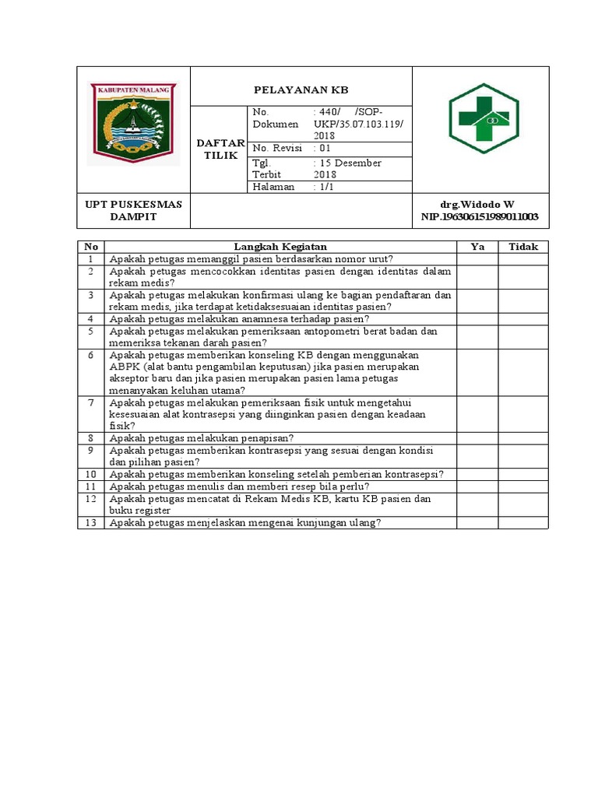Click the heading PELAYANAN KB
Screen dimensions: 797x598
pos(301,90)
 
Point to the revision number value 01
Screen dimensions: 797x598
pos(323,148)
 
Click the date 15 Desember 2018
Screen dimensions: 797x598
pos(346,169)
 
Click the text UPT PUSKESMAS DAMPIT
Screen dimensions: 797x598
pos(133,210)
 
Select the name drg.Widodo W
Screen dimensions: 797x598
pos(477,204)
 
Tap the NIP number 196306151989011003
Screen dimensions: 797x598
pos(480,216)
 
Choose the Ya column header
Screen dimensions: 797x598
pos(477,247)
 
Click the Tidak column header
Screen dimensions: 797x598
pos(523,247)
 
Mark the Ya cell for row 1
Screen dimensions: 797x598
pos(477,259)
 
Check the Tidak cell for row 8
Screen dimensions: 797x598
pos(523,438)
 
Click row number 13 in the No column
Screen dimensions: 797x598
pos(91,523)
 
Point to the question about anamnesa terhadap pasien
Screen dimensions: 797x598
pos(240,319)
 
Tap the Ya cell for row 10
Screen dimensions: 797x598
pos(477,474)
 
